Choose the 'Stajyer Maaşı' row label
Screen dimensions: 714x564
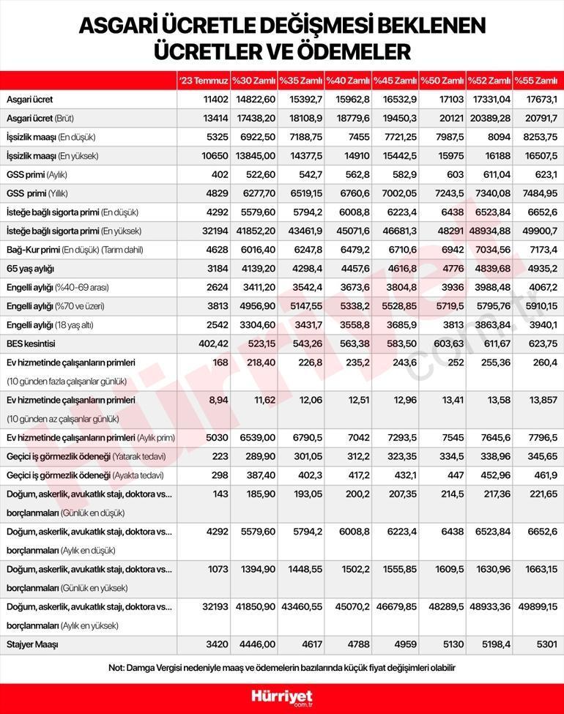click(32, 644)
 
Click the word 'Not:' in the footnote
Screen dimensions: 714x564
click(116, 667)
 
